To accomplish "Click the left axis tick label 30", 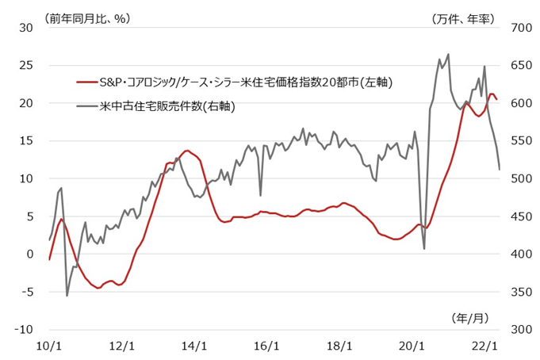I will point(26,28).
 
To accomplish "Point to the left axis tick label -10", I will point(23,330).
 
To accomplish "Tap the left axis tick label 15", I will point(26,141).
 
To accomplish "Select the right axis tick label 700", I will point(517,28).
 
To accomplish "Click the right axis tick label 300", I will point(517,330).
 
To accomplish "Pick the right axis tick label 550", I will point(517,141).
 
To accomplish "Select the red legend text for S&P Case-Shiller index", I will point(247,82).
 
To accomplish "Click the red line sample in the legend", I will point(87,82).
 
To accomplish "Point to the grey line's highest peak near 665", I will point(449,55).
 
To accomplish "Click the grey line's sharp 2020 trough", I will point(424,249).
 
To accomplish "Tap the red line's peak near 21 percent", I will point(492,94).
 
